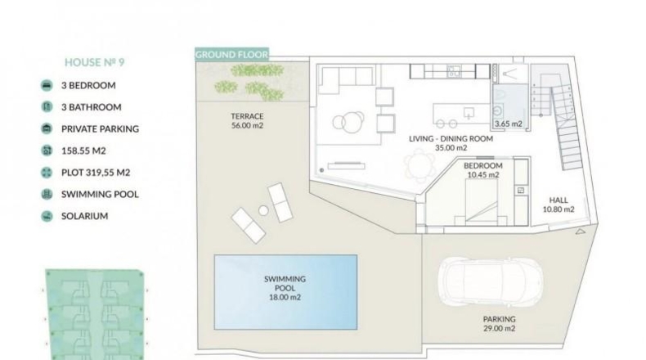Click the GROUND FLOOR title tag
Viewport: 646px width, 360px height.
231,55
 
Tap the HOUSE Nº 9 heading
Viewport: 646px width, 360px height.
94,62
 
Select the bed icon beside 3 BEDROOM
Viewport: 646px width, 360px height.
47,85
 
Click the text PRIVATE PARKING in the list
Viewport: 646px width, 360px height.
100,129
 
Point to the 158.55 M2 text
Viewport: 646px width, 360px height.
83,151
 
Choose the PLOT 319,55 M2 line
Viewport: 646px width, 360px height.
96,173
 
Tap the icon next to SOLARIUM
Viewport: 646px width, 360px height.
47,216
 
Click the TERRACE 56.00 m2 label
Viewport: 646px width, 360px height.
247,121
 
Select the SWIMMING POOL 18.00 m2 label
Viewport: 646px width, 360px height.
285,288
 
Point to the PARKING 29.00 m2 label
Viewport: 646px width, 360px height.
500,324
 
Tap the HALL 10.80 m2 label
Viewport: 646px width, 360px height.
559,205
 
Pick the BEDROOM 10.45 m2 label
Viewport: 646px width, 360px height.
483,170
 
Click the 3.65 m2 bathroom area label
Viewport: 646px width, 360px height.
509,124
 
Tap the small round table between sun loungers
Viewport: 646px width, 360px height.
263,211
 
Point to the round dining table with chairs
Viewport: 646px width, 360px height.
419,165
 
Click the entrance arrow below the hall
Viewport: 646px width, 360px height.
580,232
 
